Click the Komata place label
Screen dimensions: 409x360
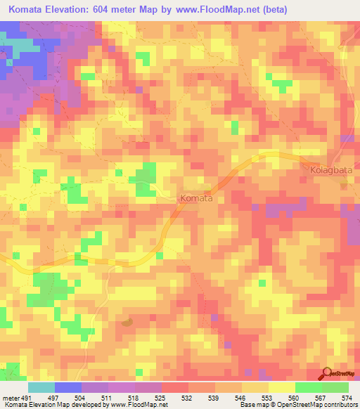click(x=196, y=199)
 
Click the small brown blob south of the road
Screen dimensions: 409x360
click(x=127, y=322)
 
